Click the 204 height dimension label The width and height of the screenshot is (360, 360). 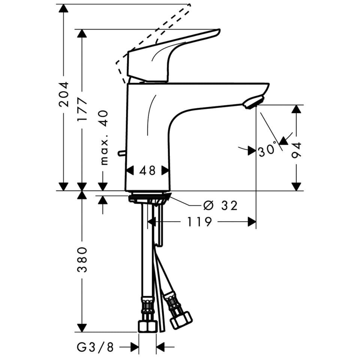point(64,94)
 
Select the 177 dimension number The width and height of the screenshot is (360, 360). point(82,109)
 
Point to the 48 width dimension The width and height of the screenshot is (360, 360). point(147,171)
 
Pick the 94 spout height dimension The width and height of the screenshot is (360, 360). point(297,150)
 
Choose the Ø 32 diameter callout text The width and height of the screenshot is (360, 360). point(220,205)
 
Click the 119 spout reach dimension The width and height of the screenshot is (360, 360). point(199,222)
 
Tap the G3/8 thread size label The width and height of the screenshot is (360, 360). point(95,347)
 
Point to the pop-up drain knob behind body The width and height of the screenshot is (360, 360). point(121,153)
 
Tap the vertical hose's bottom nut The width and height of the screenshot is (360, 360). point(147,325)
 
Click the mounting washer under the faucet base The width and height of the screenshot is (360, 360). point(149,198)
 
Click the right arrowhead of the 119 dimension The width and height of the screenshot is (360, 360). point(252,222)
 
